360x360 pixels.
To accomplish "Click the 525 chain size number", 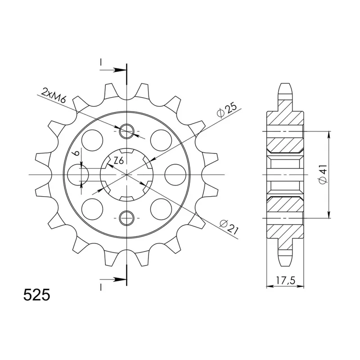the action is click(x=37, y=295).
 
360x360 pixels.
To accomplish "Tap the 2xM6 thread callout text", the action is click(x=53, y=95).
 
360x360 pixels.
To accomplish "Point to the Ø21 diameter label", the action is click(x=229, y=227).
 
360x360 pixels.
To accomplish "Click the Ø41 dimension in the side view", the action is click(x=323, y=174).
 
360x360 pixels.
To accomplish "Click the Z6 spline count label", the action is click(x=118, y=161).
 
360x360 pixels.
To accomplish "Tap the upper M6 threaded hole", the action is click(x=126, y=131).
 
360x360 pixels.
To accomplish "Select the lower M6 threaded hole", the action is click(x=126, y=218).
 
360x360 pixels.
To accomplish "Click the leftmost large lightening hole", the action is click(x=78, y=175).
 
